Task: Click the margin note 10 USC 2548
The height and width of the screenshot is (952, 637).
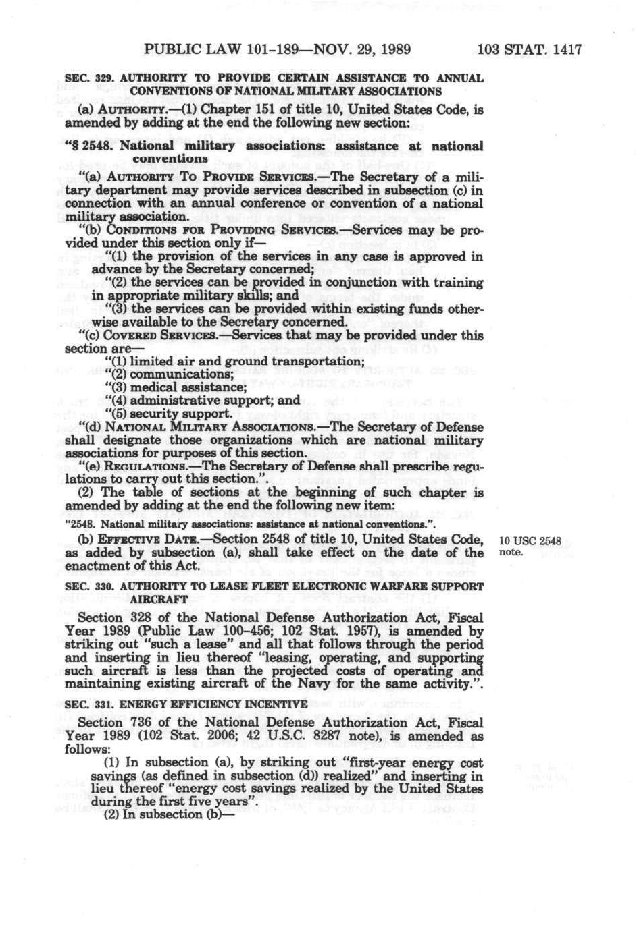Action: click(x=530, y=540)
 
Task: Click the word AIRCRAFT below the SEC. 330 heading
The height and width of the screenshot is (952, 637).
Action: click(x=159, y=599)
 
